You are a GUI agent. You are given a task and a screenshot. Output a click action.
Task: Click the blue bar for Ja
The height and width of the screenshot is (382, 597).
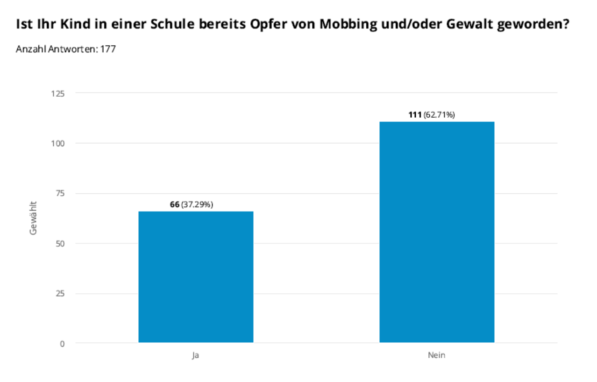(x=196, y=277)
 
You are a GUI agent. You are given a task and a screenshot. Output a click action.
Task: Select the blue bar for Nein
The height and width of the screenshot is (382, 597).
(x=437, y=232)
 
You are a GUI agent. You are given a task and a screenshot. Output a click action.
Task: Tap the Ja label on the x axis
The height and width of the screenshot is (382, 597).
(x=195, y=355)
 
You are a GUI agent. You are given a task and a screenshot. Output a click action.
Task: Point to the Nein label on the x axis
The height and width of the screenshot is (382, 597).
(x=437, y=355)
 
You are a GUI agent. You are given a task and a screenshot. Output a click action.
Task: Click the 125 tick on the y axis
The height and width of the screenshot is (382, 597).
(x=58, y=94)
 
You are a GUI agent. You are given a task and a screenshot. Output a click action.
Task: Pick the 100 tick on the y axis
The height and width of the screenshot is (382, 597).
(x=58, y=143)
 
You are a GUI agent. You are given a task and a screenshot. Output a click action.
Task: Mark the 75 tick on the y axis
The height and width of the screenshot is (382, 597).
(x=60, y=193)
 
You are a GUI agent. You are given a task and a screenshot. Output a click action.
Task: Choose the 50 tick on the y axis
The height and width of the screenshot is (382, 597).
(x=60, y=243)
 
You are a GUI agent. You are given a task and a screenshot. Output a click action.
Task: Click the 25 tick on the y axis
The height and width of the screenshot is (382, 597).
(x=60, y=293)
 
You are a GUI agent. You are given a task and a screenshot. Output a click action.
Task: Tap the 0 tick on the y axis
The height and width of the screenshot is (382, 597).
(x=63, y=344)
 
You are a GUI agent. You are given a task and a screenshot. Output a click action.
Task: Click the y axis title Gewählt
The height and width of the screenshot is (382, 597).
(x=33, y=218)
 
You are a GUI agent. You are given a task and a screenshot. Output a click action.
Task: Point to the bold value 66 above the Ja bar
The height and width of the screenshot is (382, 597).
(x=175, y=205)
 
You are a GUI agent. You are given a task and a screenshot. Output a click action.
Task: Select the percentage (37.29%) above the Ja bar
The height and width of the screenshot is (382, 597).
(x=197, y=205)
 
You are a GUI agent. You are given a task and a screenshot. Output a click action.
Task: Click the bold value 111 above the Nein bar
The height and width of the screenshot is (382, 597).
(x=415, y=115)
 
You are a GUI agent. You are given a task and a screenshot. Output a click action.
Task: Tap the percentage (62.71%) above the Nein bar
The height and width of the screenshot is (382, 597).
(x=439, y=115)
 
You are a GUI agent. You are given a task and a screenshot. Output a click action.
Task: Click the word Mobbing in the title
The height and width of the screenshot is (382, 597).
(x=348, y=24)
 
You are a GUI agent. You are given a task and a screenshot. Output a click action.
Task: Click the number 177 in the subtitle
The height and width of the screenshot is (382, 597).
(x=108, y=49)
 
